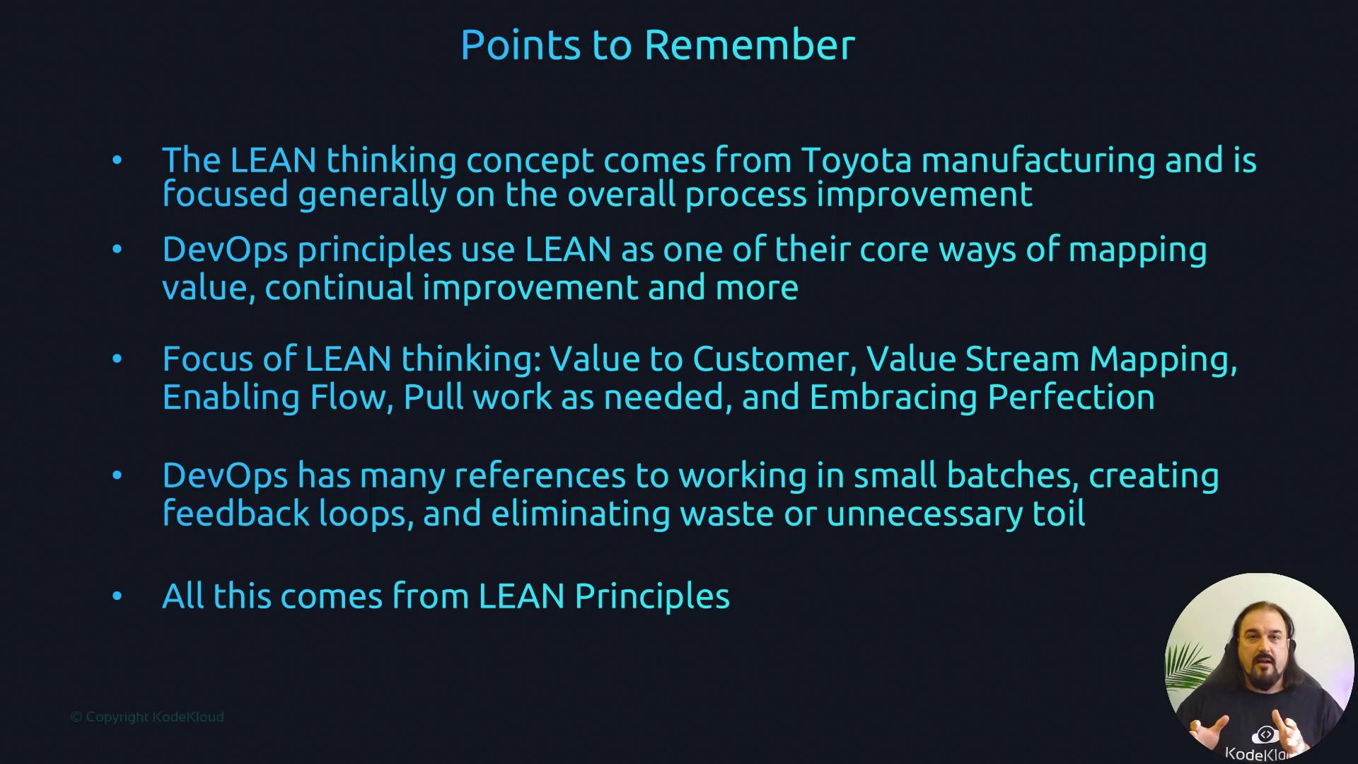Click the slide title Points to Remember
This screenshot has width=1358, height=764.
pos(658,45)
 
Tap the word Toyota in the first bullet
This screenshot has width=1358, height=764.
pos(857,161)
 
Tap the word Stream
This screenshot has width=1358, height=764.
pos(1022,359)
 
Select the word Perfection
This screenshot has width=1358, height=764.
pos(1071,397)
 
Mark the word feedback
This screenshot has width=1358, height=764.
pos(236,513)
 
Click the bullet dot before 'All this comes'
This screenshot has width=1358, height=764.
pos(117,596)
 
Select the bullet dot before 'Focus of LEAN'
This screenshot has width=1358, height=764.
pos(117,359)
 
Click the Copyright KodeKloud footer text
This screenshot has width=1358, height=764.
pos(147,717)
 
